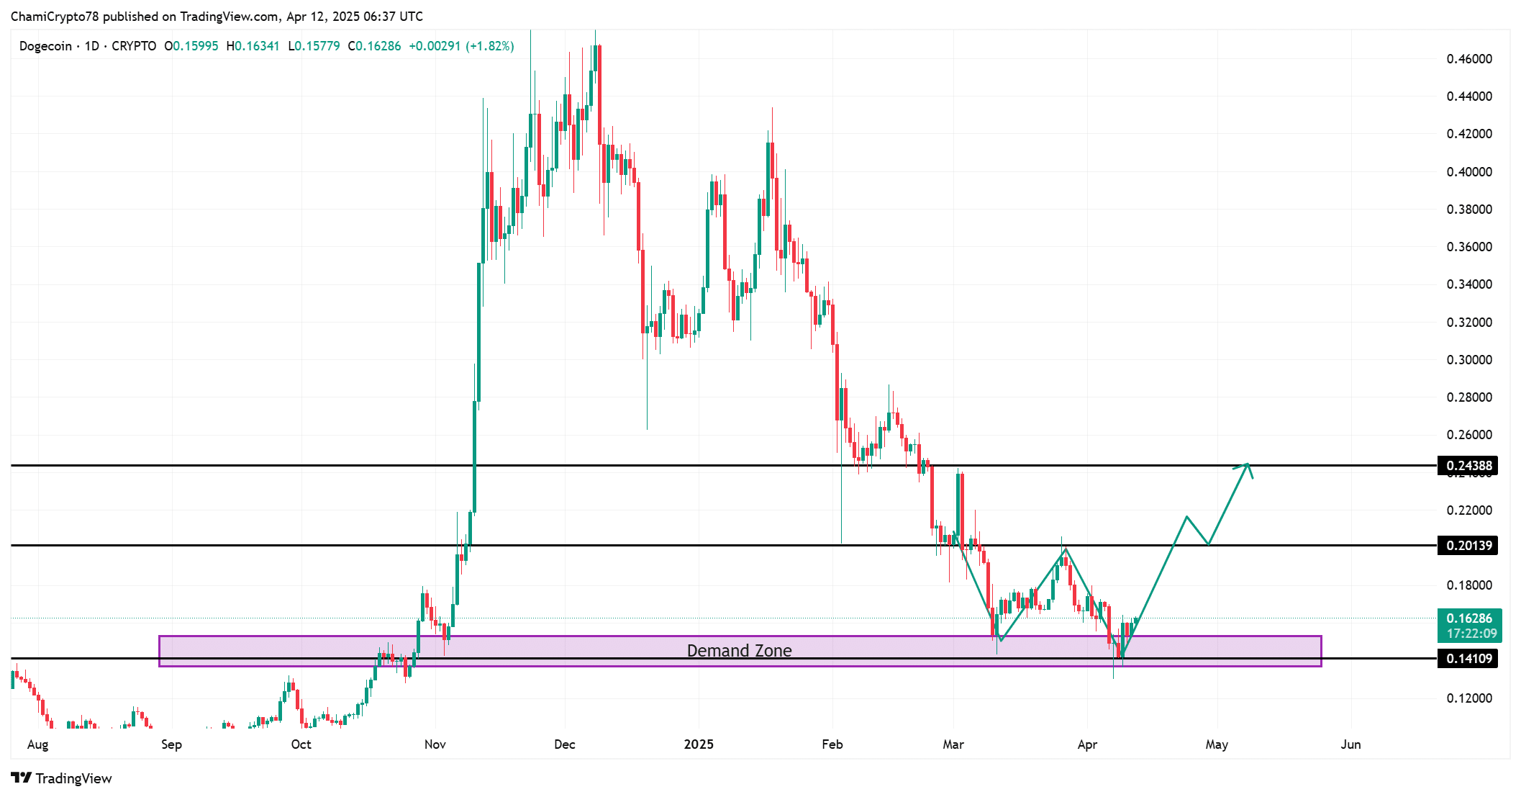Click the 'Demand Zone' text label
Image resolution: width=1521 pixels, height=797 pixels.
click(x=739, y=651)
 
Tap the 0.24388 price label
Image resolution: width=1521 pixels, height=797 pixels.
click(x=1468, y=465)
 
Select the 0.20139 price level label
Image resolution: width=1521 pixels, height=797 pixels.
click(x=1468, y=545)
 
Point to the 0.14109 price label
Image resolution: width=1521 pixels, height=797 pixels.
click(x=1468, y=658)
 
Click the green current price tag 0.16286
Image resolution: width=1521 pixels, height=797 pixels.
click(x=1468, y=618)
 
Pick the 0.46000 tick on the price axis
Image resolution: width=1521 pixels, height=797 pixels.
click(x=1468, y=59)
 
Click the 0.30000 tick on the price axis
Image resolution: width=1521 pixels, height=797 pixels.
click(x=1468, y=359)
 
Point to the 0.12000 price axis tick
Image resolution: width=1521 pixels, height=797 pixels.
click(x=1468, y=698)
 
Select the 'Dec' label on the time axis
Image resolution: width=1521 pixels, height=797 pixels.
click(x=565, y=744)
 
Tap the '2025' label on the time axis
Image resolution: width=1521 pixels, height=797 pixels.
click(x=699, y=744)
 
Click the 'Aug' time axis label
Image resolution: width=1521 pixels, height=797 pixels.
click(x=37, y=744)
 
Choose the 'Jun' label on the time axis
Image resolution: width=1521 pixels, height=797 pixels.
click(x=1350, y=744)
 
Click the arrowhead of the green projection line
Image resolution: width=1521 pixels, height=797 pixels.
click(x=1247, y=465)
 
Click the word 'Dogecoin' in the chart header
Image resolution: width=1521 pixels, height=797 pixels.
click(x=45, y=46)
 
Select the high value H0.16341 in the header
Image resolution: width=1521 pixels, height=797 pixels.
click(x=253, y=46)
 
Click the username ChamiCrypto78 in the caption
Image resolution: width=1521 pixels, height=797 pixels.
click(x=55, y=16)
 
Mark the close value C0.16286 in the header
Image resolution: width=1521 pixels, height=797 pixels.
click(x=374, y=46)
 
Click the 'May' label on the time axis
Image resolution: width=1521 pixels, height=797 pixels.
click(x=1217, y=744)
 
